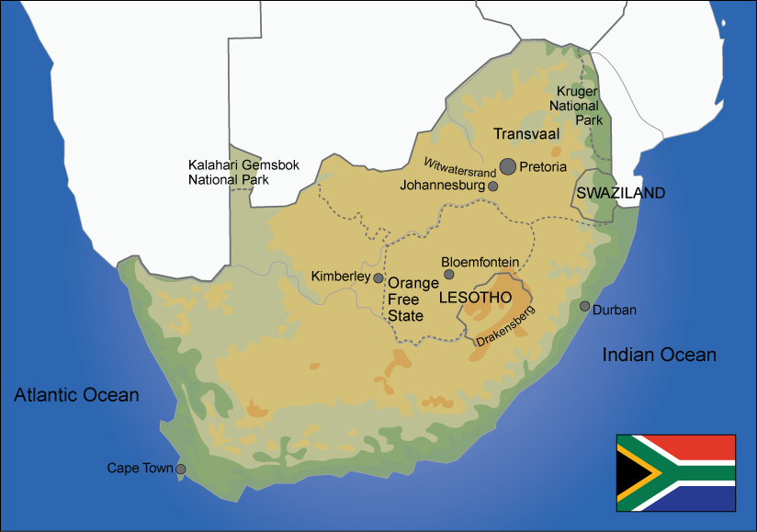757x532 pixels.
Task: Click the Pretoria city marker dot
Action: [508, 166]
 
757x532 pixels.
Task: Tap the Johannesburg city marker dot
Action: [493, 186]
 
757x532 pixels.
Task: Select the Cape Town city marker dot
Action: [180, 469]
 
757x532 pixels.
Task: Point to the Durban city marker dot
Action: [584, 306]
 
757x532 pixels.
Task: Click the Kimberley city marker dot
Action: [378, 277]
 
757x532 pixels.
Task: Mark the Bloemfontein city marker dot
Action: [449, 274]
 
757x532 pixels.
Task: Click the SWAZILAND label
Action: [620, 193]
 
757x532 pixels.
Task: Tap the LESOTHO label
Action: [475, 299]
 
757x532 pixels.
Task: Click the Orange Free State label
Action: [412, 300]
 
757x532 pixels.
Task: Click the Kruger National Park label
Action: [580, 106]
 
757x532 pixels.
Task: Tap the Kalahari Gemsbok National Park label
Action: [229, 172]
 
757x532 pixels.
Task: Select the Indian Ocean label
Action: [659, 355]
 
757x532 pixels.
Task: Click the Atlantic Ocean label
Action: [76, 395]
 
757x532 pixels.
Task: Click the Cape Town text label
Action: [140, 469]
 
